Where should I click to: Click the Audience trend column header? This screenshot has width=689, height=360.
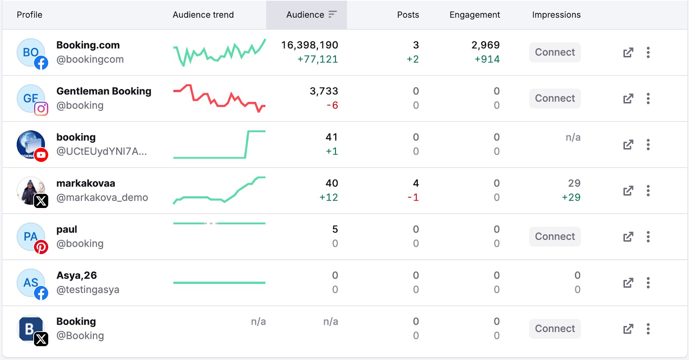tap(203, 15)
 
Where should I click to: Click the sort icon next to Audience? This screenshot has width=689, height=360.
tap(332, 15)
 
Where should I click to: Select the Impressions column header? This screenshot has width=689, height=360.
tap(556, 15)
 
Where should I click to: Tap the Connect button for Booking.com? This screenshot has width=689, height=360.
tap(555, 53)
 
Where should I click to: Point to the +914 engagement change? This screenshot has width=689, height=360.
tap(487, 59)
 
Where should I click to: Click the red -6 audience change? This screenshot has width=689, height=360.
tap(332, 106)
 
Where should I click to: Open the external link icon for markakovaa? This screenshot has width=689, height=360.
tap(628, 191)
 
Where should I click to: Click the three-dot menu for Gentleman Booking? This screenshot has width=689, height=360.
tap(648, 99)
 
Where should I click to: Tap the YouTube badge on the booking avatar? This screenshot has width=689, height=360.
tap(41, 155)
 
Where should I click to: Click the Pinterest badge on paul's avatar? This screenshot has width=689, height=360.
tap(41, 247)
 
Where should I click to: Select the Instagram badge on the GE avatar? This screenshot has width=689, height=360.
tap(41, 109)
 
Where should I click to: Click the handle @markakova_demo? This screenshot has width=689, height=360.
tap(102, 198)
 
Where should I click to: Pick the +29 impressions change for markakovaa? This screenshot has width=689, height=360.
tap(571, 198)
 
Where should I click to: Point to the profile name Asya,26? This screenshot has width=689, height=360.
tap(77, 276)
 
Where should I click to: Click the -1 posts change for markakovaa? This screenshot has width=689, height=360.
tap(413, 198)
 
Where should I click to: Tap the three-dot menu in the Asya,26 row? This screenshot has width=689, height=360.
tap(648, 283)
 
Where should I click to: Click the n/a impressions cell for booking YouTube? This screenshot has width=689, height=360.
tap(573, 137)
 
